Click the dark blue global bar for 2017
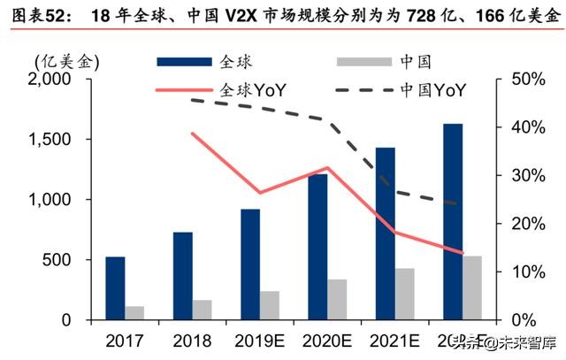coord(115,288)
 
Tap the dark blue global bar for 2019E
coord(250,264)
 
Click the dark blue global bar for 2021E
coord(386,234)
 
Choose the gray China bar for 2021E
coord(405,294)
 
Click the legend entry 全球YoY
coord(257,89)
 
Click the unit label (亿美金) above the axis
coord(67,61)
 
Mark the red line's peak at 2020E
coord(328,168)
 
